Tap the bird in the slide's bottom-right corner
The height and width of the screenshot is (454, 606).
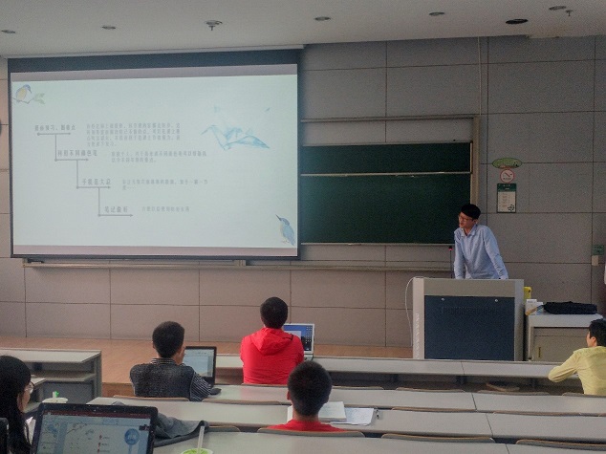click(x=286, y=229)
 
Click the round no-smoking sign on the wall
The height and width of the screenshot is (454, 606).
click(x=507, y=176)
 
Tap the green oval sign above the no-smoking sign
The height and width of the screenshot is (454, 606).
click(x=506, y=162)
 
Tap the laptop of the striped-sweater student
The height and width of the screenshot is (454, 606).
click(x=201, y=363)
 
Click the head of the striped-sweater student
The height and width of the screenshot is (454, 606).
click(x=168, y=339)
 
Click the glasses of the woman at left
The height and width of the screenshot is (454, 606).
click(x=29, y=387)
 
